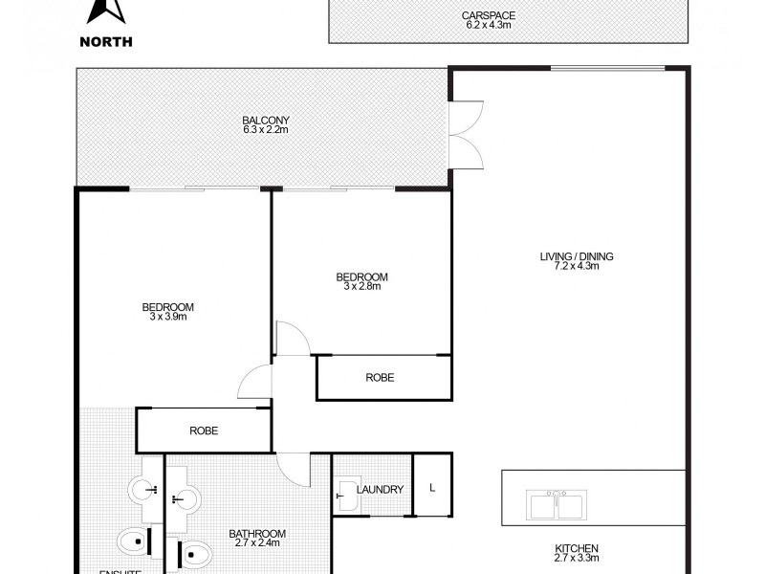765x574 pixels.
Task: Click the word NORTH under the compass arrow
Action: pyautogui.click(x=106, y=40)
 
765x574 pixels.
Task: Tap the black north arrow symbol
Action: pyautogui.click(x=106, y=11)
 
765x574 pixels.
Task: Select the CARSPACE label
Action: pyautogui.click(x=508, y=16)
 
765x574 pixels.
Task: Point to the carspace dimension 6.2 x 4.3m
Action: pyautogui.click(x=508, y=27)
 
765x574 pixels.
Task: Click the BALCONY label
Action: pyautogui.click(x=265, y=120)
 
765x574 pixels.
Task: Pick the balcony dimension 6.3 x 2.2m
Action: pyautogui.click(x=265, y=130)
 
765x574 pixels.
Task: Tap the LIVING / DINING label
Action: pyautogui.click(x=576, y=256)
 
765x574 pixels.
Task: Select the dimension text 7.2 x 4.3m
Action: pyautogui.click(x=576, y=267)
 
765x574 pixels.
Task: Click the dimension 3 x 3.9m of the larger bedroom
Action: pyautogui.click(x=167, y=318)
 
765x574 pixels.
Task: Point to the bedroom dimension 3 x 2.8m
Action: pyautogui.click(x=361, y=287)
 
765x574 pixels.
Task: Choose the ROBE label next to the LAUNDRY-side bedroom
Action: pyautogui.click(x=380, y=378)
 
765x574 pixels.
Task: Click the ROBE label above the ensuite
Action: pyautogui.click(x=204, y=431)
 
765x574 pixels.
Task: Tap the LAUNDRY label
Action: pyautogui.click(x=380, y=490)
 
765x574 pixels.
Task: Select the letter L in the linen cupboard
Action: pyautogui.click(x=432, y=489)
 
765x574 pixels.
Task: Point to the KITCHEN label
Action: pyautogui.click(x=576, y=549)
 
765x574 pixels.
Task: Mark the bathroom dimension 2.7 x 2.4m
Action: pyautogui.click(x=255, y=544)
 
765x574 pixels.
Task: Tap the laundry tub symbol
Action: pyautogui.click(x=346, y=494)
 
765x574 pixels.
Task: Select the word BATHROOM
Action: pyautogui.click(x=255, y=534)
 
